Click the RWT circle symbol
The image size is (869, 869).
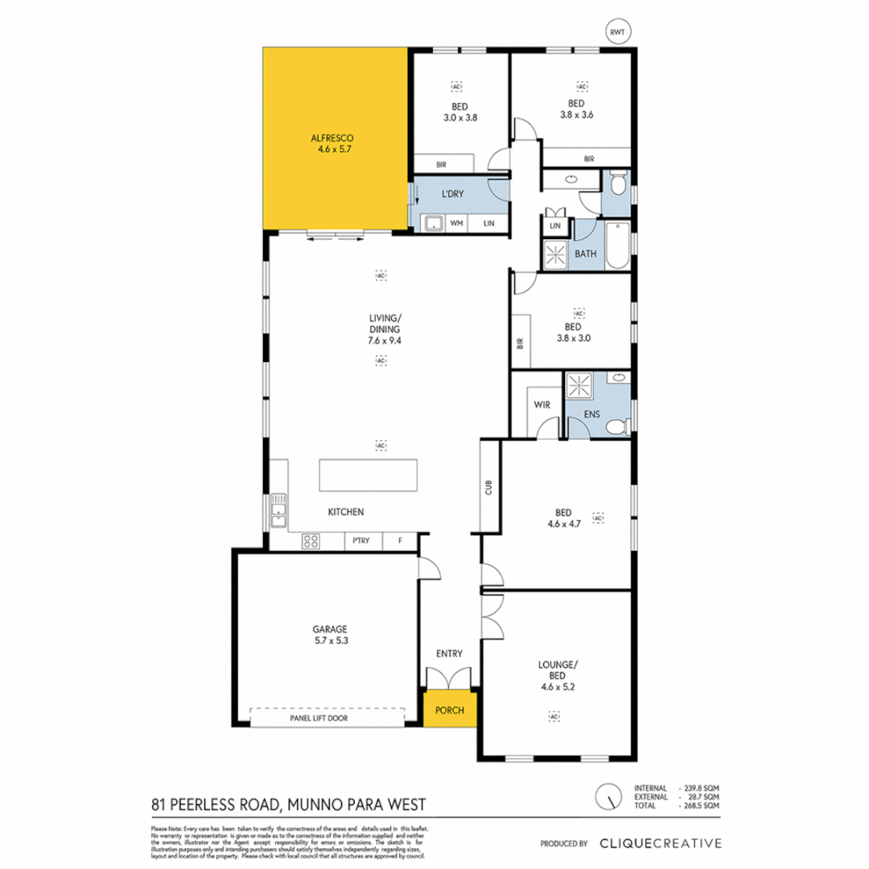click(618, 32)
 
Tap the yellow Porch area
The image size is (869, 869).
click(450, 710)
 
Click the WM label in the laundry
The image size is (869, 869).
click(457, 223)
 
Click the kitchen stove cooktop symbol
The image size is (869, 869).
click(311, 542)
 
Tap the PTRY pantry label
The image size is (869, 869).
click(360, 541)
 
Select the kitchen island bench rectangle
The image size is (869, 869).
click(369, 474)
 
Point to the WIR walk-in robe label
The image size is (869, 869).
click(542, 405)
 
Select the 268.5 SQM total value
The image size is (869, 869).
click(701, 805)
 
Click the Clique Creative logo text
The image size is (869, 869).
click(660, 843)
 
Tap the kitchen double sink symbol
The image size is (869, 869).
click(278, 510)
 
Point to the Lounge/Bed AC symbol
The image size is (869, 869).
click(554, 715)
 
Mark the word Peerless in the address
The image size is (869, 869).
click(209, 804)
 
